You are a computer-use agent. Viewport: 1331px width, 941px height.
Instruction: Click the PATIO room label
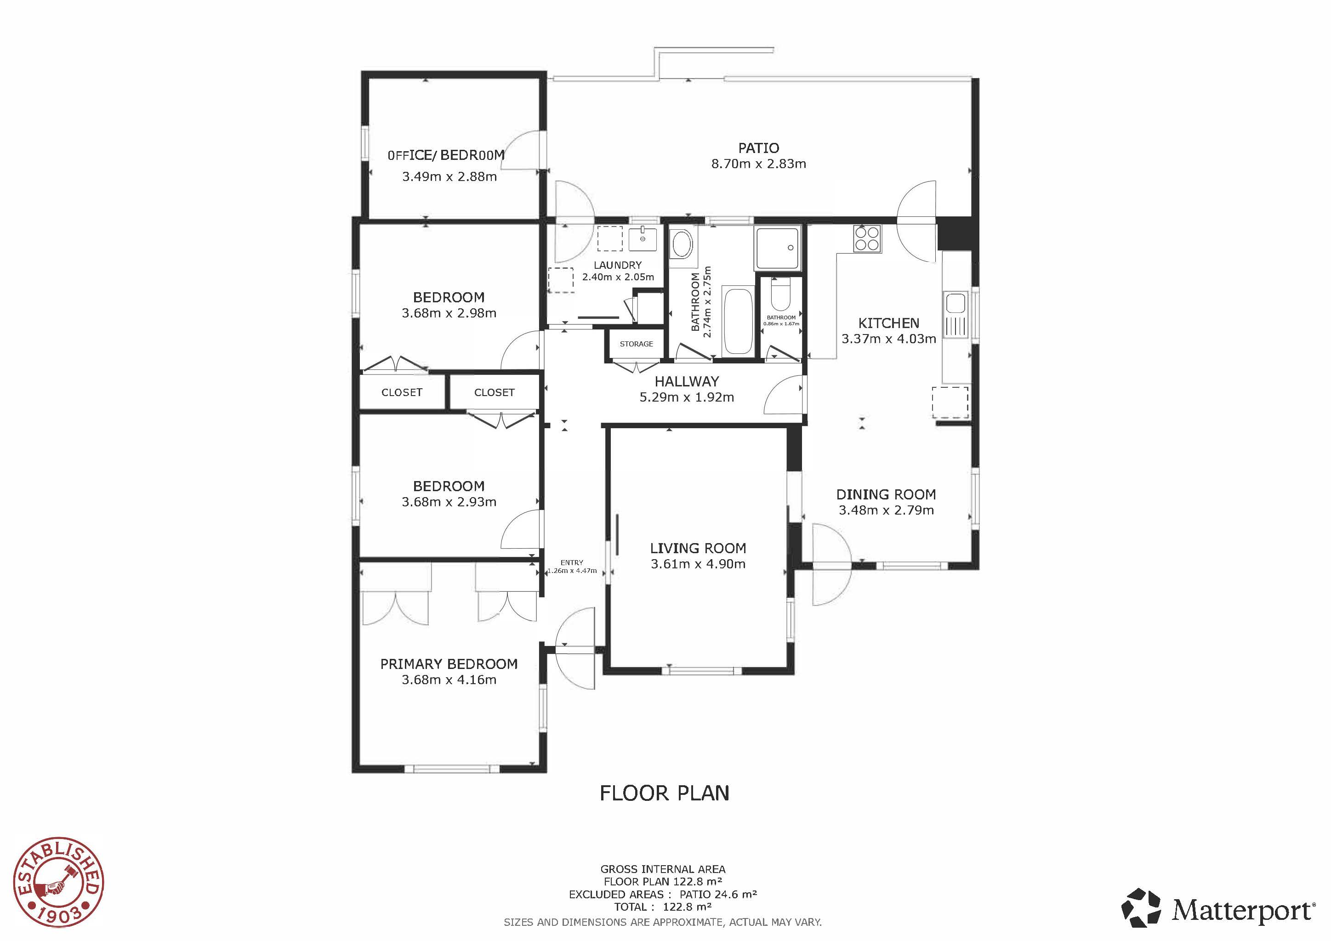758,148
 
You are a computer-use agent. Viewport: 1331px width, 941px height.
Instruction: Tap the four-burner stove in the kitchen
867,238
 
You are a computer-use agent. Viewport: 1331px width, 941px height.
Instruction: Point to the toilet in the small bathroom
781,295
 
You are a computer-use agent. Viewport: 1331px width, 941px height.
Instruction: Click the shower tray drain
790,248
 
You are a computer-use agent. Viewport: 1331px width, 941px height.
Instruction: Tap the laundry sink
643,239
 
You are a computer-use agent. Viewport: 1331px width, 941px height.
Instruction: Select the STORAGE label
636,344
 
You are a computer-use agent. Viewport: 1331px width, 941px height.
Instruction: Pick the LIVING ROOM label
698,548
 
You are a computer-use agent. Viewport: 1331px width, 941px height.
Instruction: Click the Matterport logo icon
1141,912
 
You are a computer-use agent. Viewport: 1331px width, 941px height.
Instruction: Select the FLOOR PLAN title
664,793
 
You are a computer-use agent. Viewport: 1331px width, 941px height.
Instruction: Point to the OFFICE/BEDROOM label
446,155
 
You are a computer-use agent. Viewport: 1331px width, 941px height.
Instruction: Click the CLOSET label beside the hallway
494,393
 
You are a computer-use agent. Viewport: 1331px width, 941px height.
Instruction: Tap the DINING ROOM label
886,495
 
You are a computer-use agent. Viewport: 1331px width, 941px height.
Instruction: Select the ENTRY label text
572,563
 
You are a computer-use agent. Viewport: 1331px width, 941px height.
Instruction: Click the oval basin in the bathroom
681,244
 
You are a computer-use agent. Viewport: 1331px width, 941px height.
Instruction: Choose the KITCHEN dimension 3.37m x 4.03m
889,339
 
